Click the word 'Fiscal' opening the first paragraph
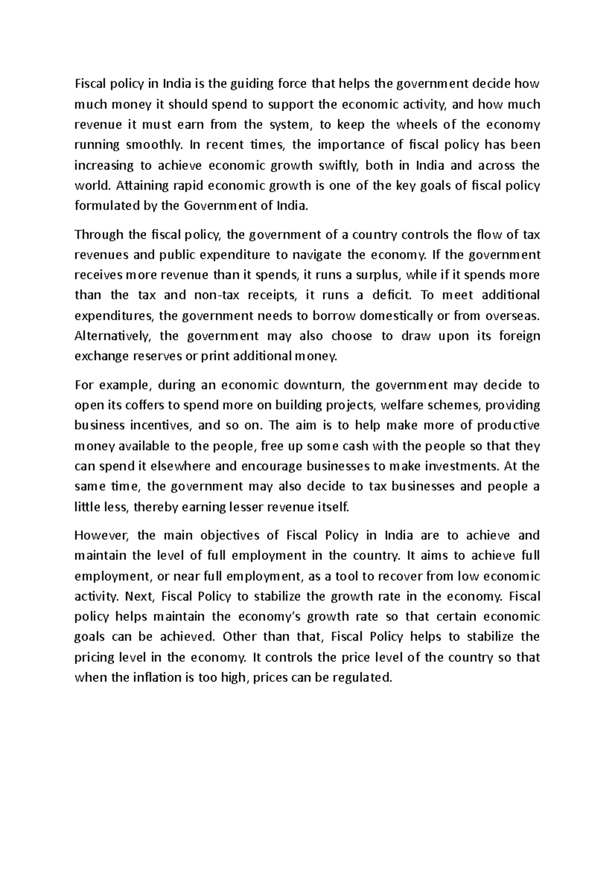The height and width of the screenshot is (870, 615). pos(89,84)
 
